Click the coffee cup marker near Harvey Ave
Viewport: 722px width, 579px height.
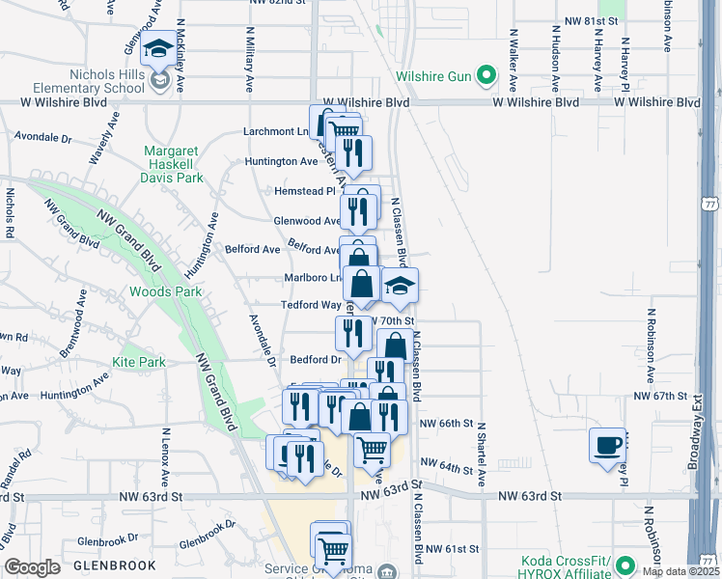pyautogui.click(x=607, y=445)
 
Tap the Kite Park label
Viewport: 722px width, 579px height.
pyautogui.click(x=138, y=362)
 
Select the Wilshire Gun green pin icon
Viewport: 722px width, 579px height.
pyautogui.click(x=488, y=73)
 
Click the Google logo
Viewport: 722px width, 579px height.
pyautogui.click(x=32, y=567)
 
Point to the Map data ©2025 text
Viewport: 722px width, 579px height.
pyautogui.click(x=680, y=571)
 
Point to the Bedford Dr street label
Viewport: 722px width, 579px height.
pyautogui.click(x=318, y=359)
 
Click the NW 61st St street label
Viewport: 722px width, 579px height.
pyautogui.click(x=454, y=549)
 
